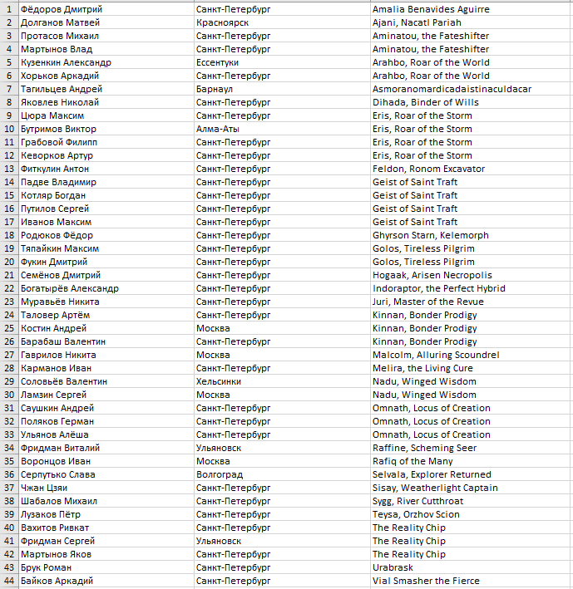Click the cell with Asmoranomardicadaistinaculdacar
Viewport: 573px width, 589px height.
click(452, 89)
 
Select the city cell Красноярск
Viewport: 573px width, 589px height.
click(222, 22)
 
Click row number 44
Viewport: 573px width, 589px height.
click(8, 581)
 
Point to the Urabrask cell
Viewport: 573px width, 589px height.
click(393, 567)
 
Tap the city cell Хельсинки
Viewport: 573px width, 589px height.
click(220, 381)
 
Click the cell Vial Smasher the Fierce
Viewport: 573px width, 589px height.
click(426, 581)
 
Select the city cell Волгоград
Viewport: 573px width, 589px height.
click(220, 474)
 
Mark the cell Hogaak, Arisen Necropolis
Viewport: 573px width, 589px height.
click(432, 275)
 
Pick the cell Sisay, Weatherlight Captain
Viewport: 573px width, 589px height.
click(435, 488)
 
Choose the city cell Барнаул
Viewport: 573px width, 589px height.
click(214, 89)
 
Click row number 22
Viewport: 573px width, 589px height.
click(8, 288)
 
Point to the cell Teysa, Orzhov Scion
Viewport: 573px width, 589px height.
click(416, 514)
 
